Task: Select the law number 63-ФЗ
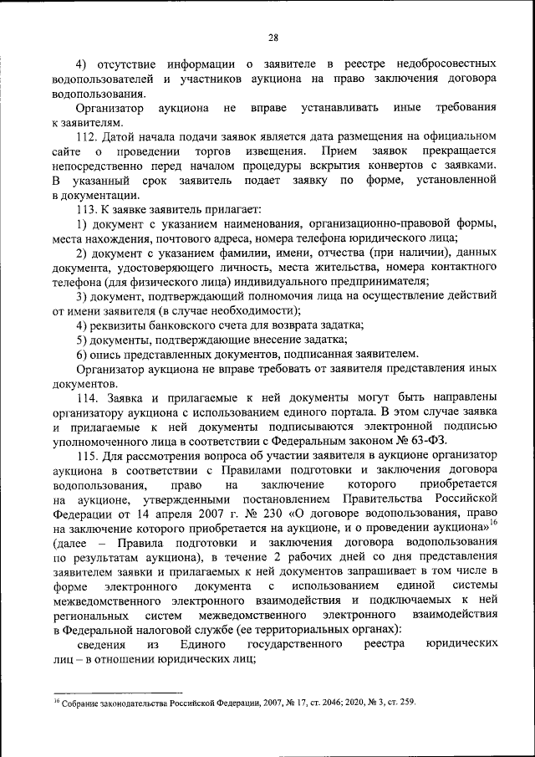pyautogui.click(x=431, y=441)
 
